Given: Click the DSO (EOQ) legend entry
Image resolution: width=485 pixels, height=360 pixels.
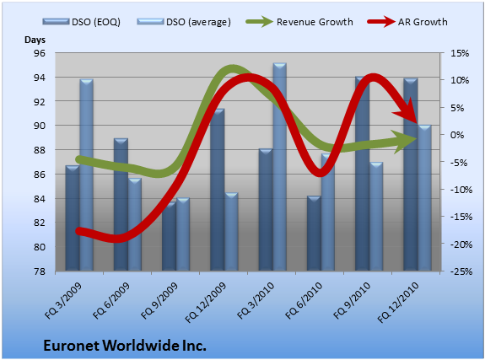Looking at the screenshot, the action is pos(81,22).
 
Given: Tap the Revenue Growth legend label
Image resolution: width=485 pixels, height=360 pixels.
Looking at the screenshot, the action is pos(315,22).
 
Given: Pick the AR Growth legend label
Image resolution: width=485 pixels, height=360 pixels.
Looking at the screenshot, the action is pos(423,22).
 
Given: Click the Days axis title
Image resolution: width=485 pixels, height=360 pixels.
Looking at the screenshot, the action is pos(35,40).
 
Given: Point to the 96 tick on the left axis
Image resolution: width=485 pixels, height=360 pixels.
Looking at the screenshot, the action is pos(40,53).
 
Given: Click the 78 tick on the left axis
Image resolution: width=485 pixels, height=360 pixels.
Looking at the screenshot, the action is pos(40,271).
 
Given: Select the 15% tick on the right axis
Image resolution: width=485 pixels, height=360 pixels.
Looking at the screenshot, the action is pos(460,53).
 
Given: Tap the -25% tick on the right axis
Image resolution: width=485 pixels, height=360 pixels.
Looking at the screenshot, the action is pos(461,271).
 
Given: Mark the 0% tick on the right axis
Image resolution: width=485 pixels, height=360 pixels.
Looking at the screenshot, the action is pos(457,135).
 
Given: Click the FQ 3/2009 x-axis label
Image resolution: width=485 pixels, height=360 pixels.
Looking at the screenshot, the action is pos(64,300).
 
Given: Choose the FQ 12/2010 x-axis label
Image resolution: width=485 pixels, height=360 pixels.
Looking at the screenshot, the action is pos(398,302).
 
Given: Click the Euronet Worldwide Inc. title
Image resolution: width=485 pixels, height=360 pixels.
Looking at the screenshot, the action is pos(125,345).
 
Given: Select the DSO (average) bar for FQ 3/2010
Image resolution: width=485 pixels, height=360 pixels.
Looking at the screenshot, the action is pos(280,167).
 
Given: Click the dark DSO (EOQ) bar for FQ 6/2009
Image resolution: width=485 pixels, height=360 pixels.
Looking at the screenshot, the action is pos(121,204).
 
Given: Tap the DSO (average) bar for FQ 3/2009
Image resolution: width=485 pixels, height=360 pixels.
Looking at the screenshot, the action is pos(86,175).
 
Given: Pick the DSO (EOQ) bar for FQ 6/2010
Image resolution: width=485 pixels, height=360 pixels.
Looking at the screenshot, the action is pos(314,234).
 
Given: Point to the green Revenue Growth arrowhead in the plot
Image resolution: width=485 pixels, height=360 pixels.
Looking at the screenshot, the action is pos(406,142).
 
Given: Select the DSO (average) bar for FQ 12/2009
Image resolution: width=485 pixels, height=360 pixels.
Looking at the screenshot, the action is pos(231,232).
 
